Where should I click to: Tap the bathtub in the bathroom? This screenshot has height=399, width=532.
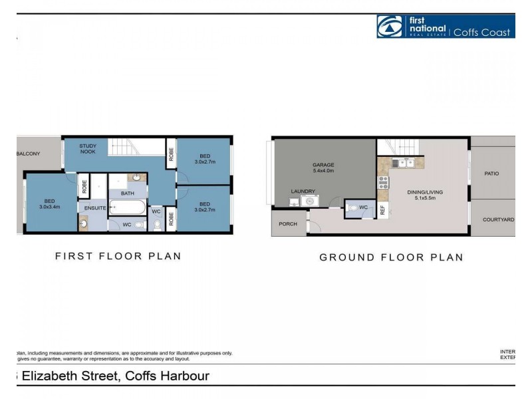[x=128, y=208]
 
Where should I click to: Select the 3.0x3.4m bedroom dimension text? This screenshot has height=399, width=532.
[x=50, y=207]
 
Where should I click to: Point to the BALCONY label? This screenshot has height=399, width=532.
[x=29, y=154]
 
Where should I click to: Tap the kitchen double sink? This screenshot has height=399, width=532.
[x=404, y=163]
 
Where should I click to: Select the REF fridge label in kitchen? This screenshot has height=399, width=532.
[x=383, y=210]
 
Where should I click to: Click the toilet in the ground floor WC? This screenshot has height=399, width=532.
[x=352, y=207]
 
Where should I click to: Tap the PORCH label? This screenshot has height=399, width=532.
[x=288, y=224]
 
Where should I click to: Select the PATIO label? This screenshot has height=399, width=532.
[x=491, y=174]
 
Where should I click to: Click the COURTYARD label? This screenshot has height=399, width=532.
[x=498, y=219]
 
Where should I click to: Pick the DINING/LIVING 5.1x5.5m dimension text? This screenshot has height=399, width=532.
[x=425, y=199]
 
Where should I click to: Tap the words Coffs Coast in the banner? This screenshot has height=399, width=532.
[x=482, y=33]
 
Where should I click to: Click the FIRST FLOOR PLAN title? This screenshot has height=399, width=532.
[x=118, y=256]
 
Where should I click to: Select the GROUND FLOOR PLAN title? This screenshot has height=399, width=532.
[x=391, y=257]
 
